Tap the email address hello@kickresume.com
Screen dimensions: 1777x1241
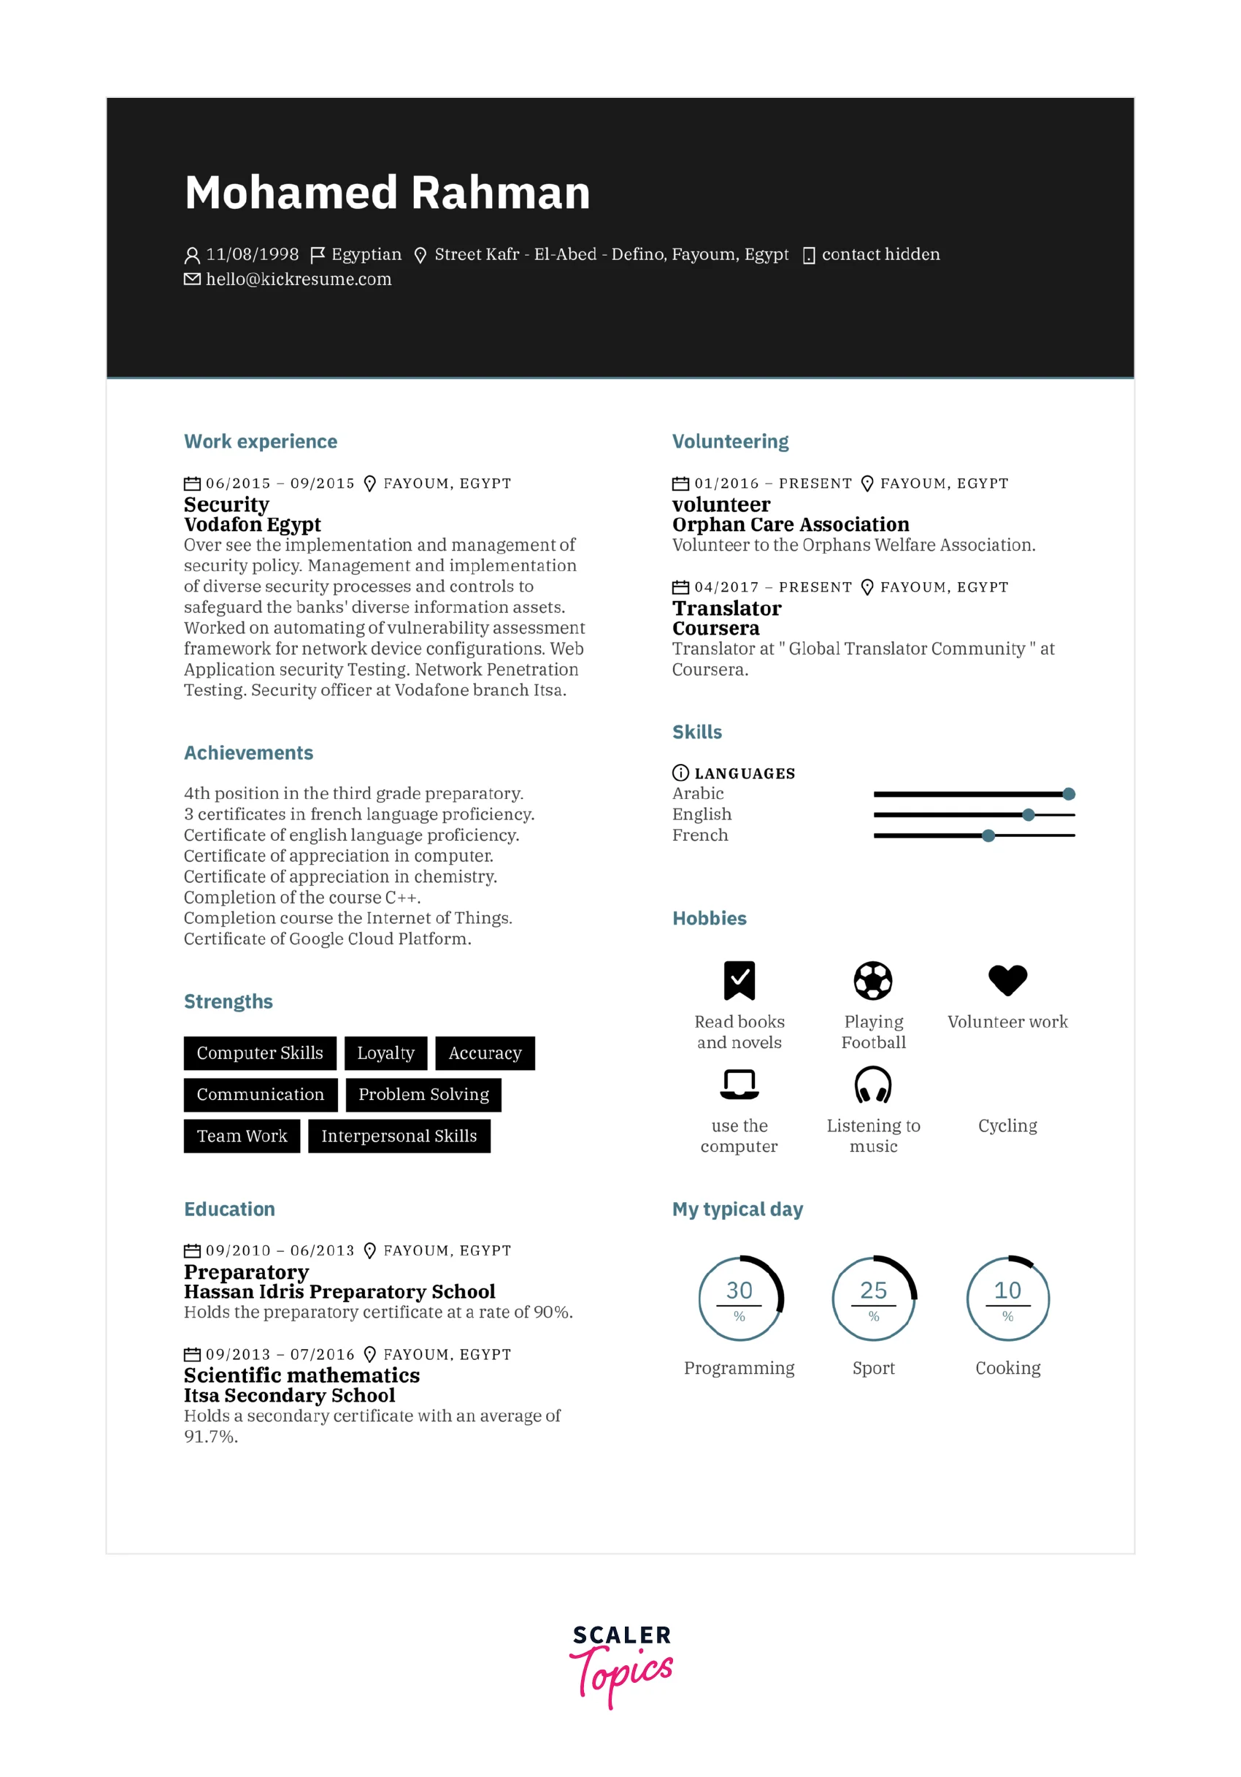point(298,280)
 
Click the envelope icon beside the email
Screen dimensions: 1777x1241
point(192,280)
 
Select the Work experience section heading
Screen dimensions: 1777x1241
point(260,441)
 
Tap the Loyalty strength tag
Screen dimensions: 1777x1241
point(385,1052)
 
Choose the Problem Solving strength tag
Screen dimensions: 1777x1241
point(423,1094)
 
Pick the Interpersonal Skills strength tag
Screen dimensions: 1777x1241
point(399,1136)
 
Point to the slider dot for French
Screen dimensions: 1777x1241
point(988,836)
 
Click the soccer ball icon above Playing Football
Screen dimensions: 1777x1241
point(873,981)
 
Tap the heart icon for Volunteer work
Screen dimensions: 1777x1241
point(1007,980)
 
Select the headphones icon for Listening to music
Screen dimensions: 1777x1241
point(873,1085)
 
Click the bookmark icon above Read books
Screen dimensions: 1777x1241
point(739,981)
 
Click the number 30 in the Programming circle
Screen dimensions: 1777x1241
point(739,1290)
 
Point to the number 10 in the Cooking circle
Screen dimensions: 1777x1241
point(1007,1290)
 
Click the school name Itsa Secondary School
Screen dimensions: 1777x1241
point(289,1396)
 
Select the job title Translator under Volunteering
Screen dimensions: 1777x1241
point(726,608)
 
